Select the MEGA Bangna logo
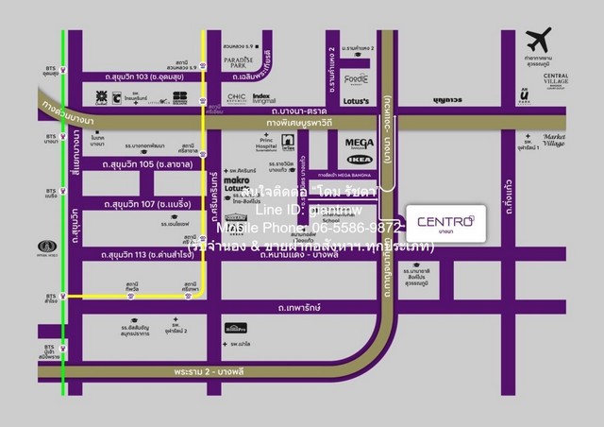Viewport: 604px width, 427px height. pos(359,144)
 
